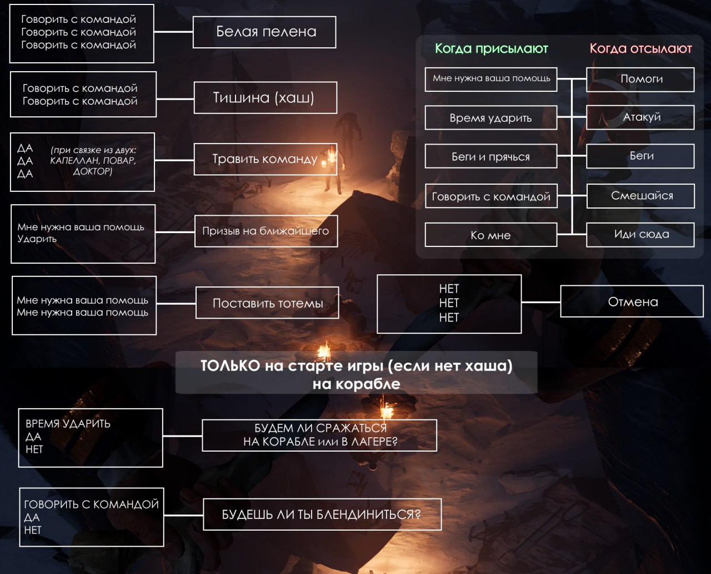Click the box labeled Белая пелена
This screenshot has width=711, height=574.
click(264, 32)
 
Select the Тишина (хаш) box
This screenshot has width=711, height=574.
click(265, 98)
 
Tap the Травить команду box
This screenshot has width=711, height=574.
click(265, 159)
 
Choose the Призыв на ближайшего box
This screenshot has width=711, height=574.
click(266, 231)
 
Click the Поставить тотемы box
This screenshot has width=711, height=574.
click(267, 303)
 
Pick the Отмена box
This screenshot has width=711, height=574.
click(632, 301)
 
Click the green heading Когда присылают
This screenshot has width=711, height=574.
click(491, 49)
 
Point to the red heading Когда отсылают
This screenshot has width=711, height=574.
click(640, 49)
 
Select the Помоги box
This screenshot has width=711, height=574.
click(640, 79)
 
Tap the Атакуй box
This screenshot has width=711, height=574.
click(640, 117)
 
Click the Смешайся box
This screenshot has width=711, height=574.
click(640, 196)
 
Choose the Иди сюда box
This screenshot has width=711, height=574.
click(640, 235)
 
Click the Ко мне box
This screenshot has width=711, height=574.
click(490, 235)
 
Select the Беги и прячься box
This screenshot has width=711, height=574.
click(490, 157)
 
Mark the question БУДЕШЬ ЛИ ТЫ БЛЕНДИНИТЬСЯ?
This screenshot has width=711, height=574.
click(322, 514)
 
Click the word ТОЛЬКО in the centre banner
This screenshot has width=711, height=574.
click(230, 366)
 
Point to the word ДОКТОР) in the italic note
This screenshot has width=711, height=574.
click(92, 171)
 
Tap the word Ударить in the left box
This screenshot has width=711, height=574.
click(37, 239)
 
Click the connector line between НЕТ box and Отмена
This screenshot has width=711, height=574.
click(540, 302)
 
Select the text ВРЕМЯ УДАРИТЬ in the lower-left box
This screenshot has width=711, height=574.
click(68, 424)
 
